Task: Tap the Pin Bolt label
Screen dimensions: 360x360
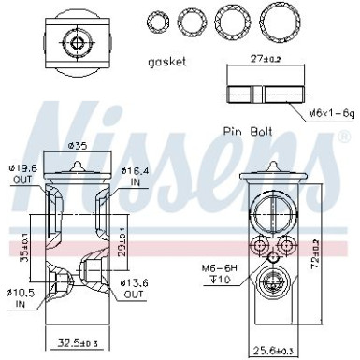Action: pos(248,131)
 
